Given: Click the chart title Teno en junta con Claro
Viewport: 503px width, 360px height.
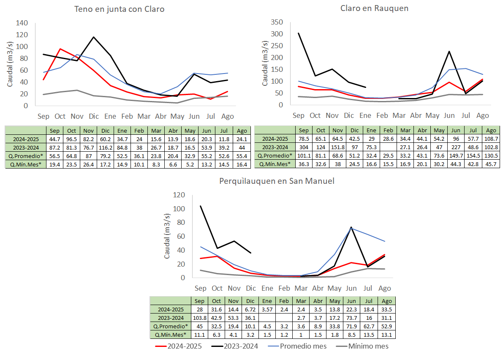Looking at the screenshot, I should coord(120,9).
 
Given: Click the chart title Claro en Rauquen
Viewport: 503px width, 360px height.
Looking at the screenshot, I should coord(374,8).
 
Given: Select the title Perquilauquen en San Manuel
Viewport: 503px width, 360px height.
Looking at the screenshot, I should coord(277,181).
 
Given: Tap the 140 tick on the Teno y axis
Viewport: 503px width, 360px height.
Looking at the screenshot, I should coord(22,23).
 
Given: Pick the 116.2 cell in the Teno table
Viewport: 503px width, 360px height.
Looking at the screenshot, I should coord(106,147).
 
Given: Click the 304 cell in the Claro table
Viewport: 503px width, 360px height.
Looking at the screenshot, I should coord(304,147).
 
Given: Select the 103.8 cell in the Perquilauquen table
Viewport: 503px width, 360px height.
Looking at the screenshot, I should coord(200,318).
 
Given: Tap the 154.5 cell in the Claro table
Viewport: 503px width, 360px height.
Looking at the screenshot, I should coord(473,156).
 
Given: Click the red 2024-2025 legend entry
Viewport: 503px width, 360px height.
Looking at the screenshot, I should coord(179,346).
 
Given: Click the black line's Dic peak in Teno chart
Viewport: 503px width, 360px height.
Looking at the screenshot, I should coord(93,37).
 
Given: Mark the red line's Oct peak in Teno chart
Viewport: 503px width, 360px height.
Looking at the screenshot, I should coord(60,49).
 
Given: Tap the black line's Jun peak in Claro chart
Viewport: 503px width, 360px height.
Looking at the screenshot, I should coord(449,51).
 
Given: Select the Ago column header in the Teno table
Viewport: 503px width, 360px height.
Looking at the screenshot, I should coord(242,131).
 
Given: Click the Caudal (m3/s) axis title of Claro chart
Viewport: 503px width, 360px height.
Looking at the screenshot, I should coord(265,63).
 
